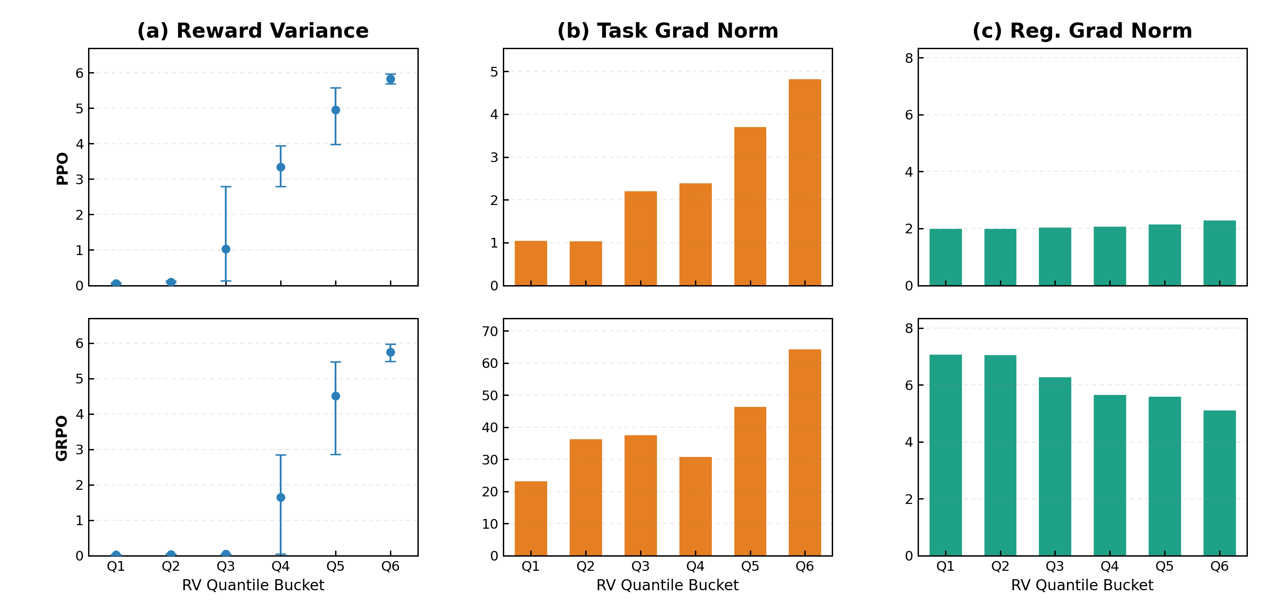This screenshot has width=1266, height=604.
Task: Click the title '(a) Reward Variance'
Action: pos(253,31)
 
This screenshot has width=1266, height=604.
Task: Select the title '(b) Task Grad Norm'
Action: pos(668,31)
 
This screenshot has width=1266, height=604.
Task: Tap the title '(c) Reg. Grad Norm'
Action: pos(1082,31)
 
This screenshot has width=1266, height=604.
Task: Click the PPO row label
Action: pos(62,168)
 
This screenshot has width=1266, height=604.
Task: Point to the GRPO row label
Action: pos(62,438)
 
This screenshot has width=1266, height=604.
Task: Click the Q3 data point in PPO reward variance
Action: pos(226,249)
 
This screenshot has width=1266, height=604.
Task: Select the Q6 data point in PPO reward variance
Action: pos(390,79)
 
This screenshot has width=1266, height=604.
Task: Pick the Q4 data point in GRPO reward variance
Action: pos(281,497)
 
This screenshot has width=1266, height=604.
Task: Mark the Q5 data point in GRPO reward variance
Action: pos(336,396)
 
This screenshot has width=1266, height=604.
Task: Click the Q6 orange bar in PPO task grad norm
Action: pos(804,182)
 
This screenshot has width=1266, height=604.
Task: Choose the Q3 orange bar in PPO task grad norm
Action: pos(641,238)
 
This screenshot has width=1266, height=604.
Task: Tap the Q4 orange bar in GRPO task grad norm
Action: pos(695,506)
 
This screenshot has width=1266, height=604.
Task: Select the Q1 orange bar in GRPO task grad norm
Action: pos(531,519)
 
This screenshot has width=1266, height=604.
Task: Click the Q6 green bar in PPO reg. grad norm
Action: pos(1220,253)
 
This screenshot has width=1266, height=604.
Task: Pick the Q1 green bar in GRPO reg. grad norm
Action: pos(945,455)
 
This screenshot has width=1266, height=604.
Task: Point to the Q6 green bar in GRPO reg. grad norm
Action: pos(1220,483)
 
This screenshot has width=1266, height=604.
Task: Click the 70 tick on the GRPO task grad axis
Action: pos(490,331)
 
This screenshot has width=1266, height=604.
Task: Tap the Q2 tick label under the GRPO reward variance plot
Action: pos(170,567)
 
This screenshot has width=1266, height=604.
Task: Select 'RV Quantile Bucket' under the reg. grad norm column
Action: pos(1082,585)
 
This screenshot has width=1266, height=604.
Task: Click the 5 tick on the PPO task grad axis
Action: pos(494,72)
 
